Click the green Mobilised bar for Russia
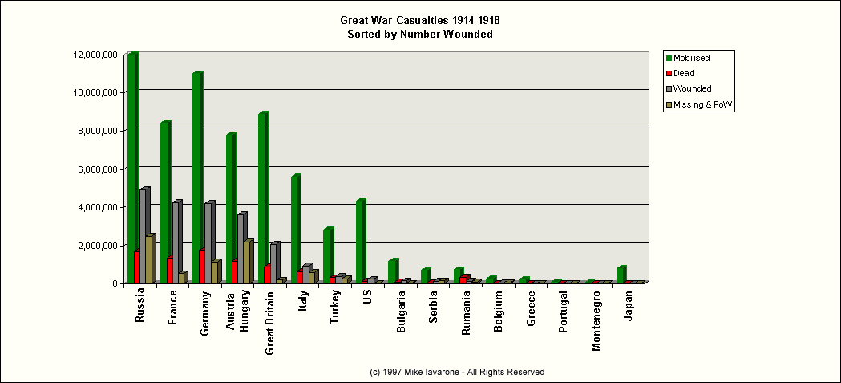click(132, 169)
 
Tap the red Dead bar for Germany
click(201, 267)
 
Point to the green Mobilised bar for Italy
click(295, 230)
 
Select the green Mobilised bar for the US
click(360, 242)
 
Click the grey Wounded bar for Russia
click(144, 237)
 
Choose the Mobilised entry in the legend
click(691, 58)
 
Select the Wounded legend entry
click(692, 88)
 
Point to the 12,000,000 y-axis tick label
click(95, 55)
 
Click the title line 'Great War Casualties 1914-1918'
click(419, 19)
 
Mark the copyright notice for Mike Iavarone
click(456, 372)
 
